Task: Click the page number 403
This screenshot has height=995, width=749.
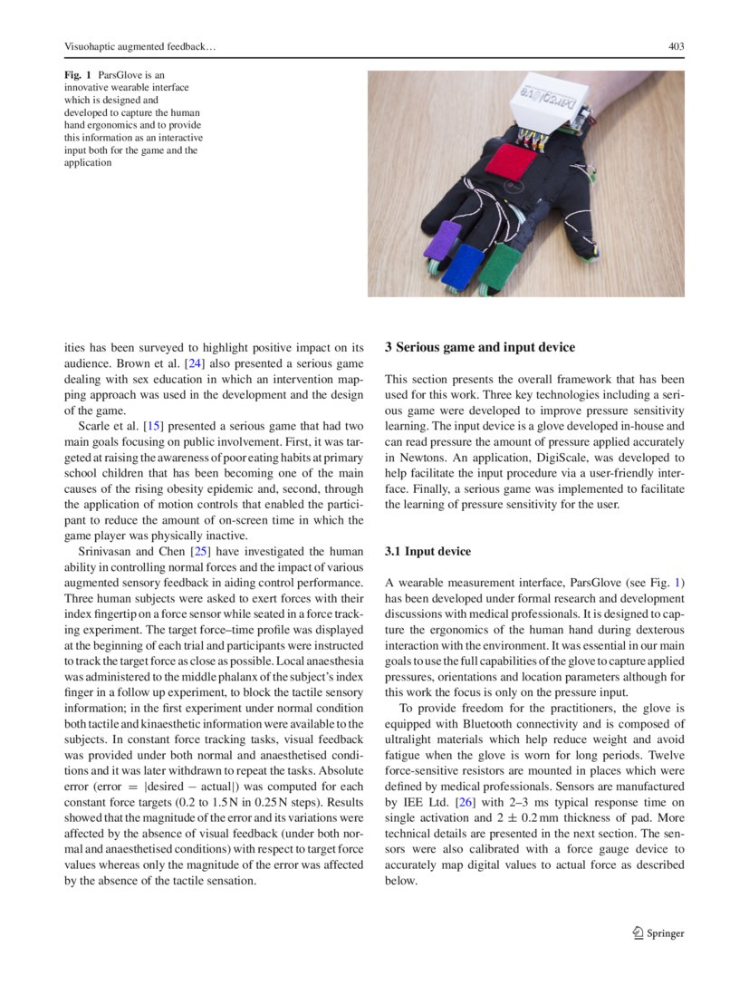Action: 675,46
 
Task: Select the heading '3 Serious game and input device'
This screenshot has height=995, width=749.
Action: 479,347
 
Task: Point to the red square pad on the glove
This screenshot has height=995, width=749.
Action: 511,164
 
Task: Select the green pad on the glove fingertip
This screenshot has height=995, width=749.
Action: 500,270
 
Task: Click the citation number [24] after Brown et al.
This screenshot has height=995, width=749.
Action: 194,363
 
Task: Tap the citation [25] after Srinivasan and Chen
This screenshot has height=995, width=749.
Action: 200,552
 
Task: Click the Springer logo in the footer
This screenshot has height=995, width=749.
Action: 658,933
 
